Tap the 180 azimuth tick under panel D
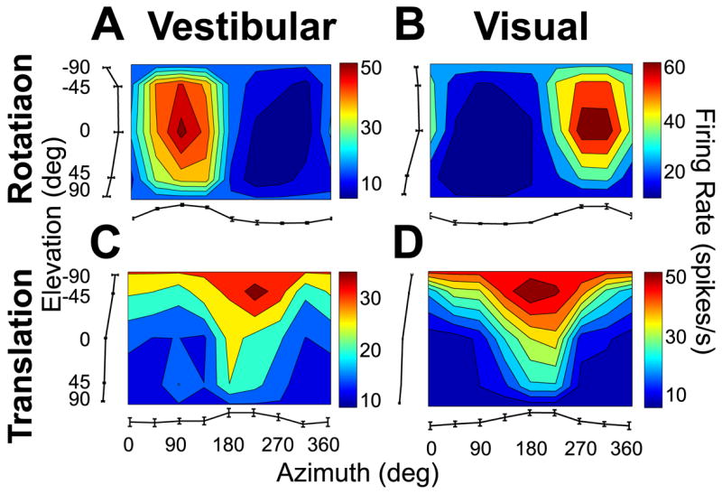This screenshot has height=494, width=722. pyautogui.click(x=528, y=445)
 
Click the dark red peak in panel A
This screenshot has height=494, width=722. pyautogui.click(x=181, y=129)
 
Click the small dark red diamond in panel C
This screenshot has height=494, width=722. pyautogui.click(x=255, y=290)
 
